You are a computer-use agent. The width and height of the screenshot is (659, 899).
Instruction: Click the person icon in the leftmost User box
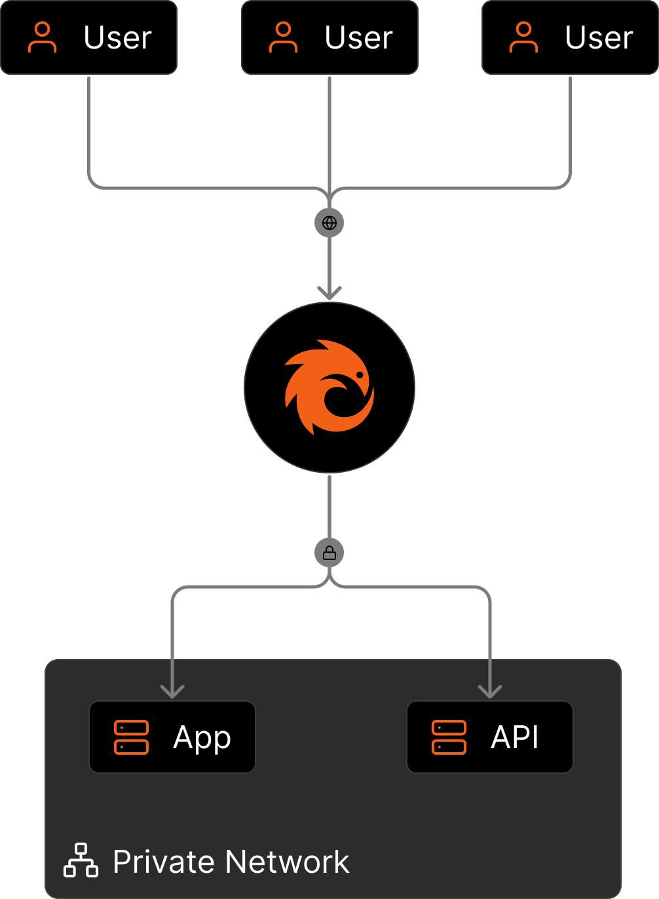[43, 37]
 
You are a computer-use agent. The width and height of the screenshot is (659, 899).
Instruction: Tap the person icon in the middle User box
[283, 37]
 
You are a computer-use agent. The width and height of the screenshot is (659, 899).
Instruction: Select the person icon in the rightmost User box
[523, 37]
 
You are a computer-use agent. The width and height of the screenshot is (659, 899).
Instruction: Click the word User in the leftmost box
[118, 38]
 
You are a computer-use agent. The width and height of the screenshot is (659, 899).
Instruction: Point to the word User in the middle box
[358, 38]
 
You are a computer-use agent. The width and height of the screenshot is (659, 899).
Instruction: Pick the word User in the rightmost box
[599, 38]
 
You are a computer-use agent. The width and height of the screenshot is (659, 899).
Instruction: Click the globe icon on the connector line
[329, 223]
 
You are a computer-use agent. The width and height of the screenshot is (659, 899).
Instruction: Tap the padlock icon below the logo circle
[329, 553]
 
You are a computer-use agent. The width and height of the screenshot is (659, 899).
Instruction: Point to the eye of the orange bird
[360, 375]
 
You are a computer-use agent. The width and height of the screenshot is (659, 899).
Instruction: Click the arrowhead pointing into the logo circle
[329, 292]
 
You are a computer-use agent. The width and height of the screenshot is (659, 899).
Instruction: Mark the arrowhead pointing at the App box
[172, 690]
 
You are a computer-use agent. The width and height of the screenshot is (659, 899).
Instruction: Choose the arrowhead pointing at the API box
[490, 690]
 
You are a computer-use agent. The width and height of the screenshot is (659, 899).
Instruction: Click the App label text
[202, 738]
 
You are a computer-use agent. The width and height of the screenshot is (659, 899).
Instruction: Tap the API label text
[515, 737]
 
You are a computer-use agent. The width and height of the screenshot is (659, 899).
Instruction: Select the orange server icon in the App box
[132, 737]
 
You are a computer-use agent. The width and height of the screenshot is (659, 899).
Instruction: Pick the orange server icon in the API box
[449, 737]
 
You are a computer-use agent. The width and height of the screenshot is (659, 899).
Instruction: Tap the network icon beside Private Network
[81, 860]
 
